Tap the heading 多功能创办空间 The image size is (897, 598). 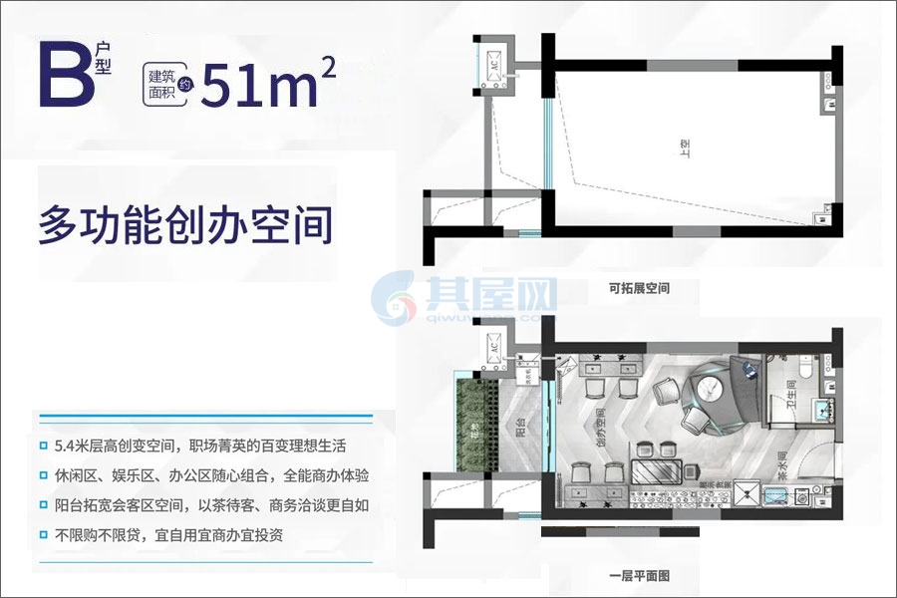[x=184, y=225]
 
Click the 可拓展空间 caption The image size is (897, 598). [x=638, y=289]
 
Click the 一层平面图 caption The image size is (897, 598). [x=638, y=575]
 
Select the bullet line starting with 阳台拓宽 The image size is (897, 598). [x=208, y=504]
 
